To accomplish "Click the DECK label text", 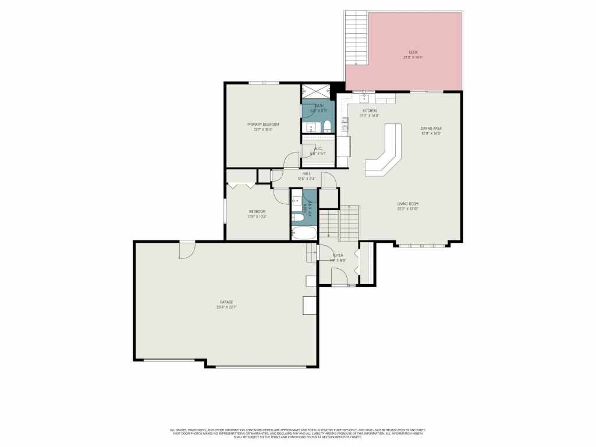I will tap(413, 52).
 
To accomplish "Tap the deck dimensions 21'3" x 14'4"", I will tap(413, 58).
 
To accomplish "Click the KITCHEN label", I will tap(370, 111).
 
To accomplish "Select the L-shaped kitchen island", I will tap(385, 152).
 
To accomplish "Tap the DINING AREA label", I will tap(431, 128).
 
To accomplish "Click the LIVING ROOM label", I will tap(408, 204).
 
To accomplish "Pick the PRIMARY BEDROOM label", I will tap(263, 125).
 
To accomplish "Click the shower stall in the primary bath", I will tap(314, 93).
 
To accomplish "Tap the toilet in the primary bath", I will tap(327, 126).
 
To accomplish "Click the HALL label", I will tap(306, 173).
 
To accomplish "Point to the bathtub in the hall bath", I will tap(304, 233).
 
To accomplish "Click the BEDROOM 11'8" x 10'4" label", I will tap(257, 211).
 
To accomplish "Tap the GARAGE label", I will tap(226, 302).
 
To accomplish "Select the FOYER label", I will tap(338, 256).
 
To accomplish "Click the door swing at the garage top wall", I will tap(187, 250).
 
